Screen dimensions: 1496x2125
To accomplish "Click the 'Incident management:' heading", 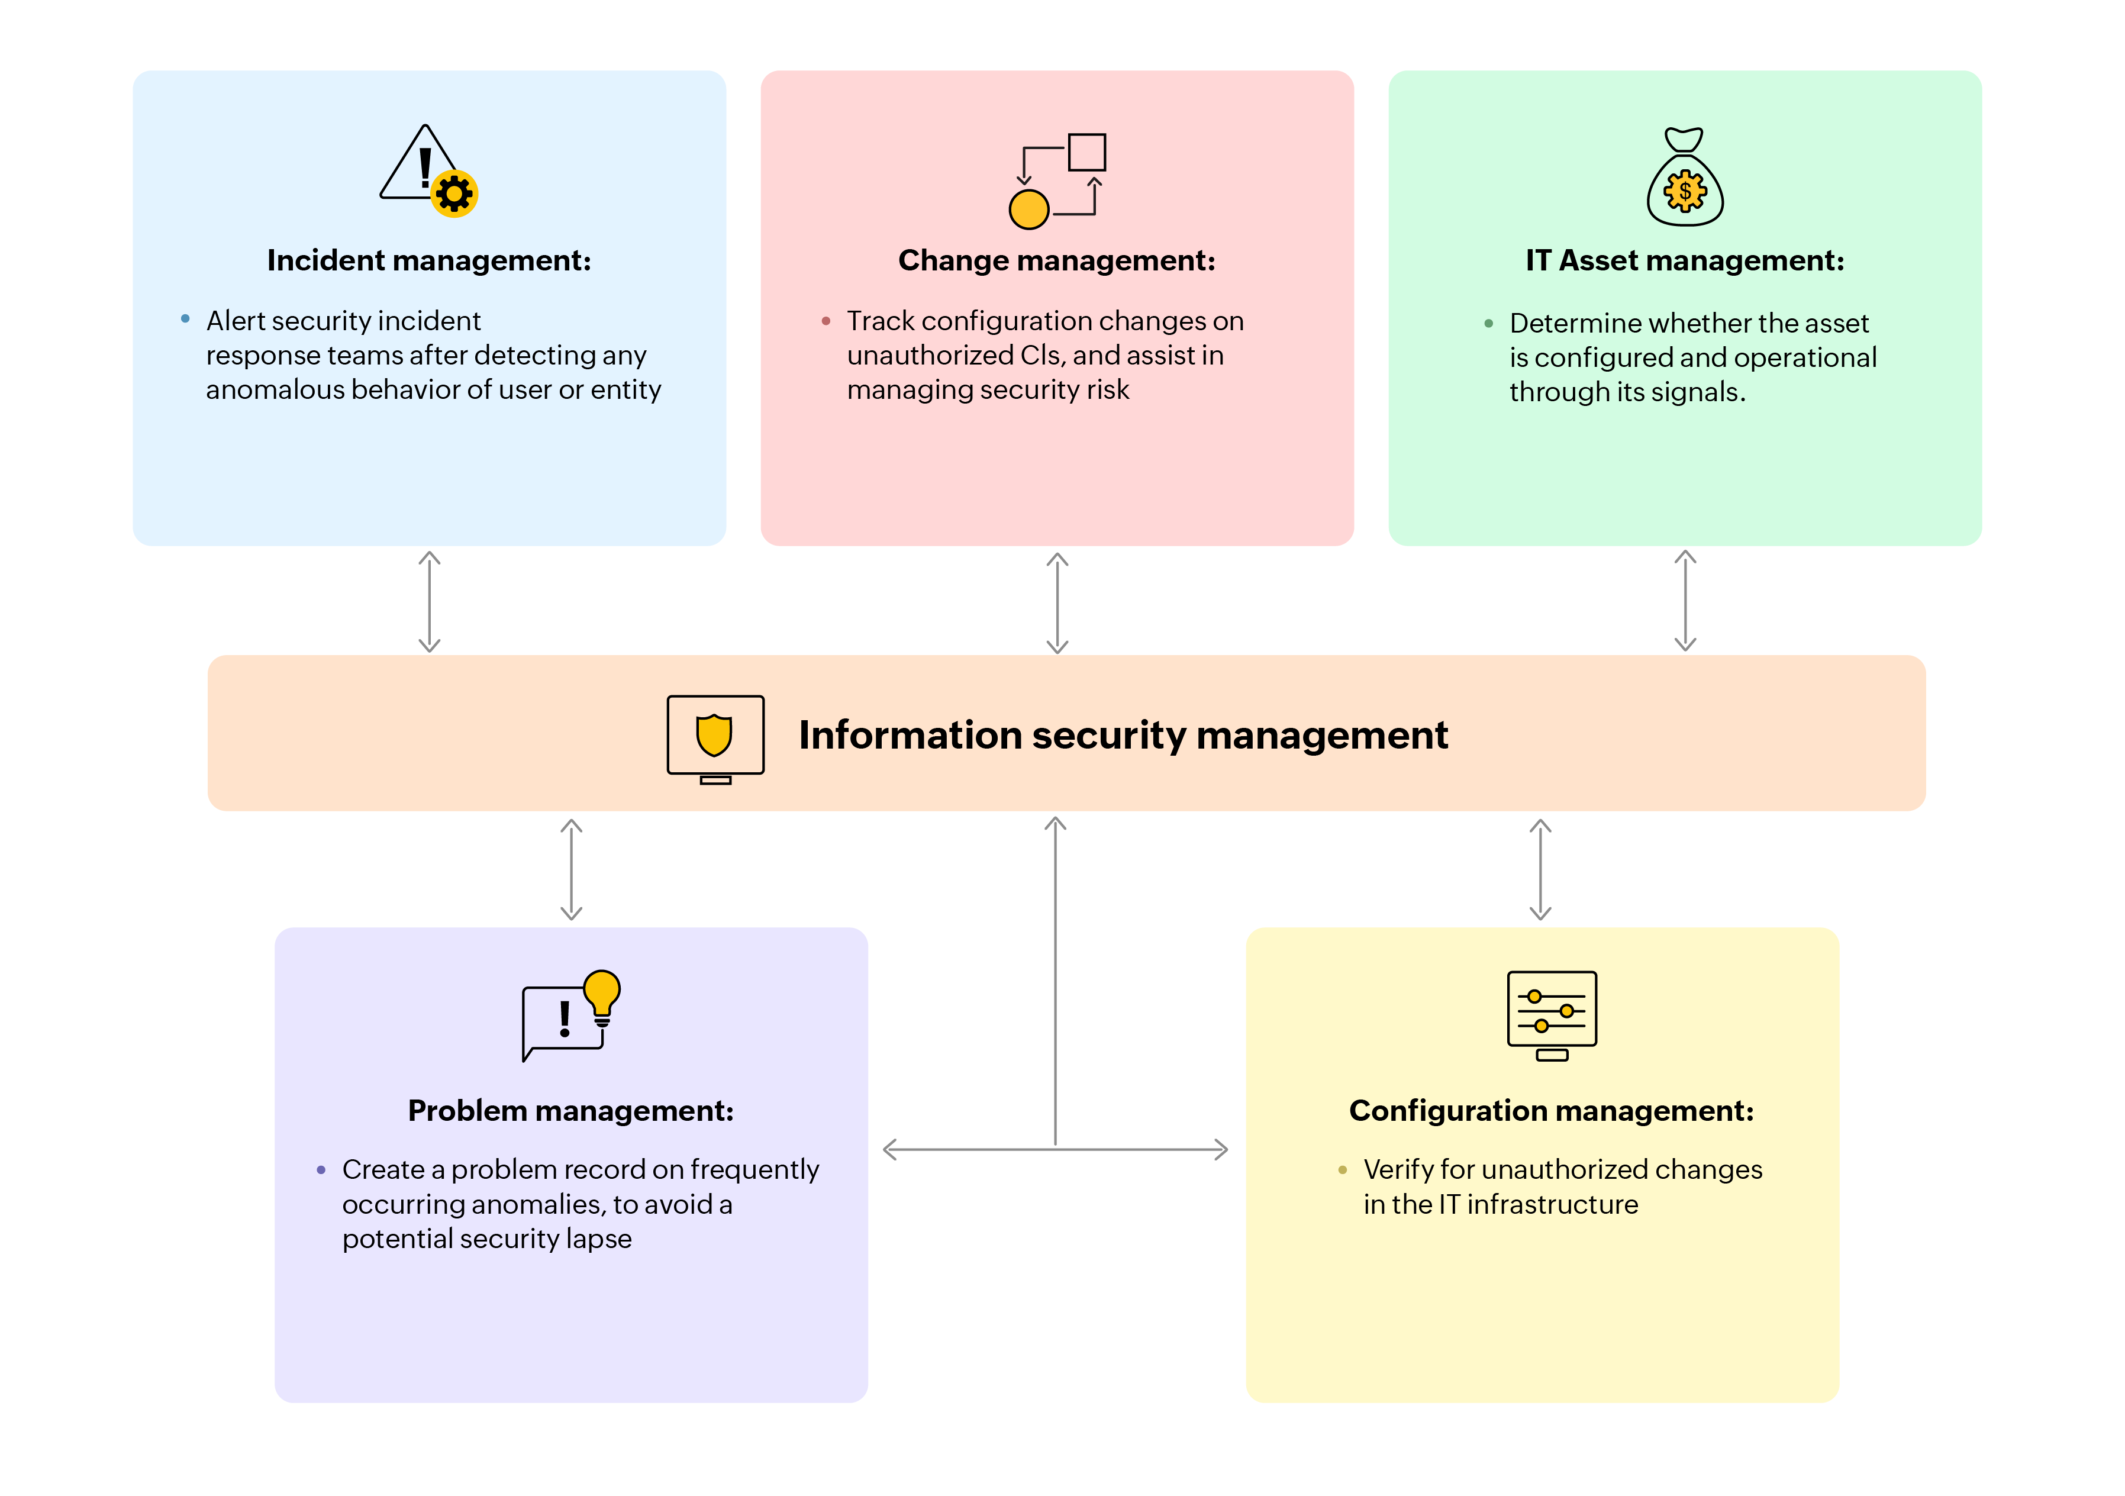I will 428,261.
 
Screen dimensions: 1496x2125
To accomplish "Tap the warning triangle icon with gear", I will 428,171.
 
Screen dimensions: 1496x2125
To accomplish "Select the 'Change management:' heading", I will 1056,261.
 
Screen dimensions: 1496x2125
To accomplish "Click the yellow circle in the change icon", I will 1028,209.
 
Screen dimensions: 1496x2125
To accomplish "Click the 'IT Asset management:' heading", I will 1685,261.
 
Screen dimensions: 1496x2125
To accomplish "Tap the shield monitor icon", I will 715,739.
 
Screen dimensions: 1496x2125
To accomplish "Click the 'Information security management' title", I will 1123,735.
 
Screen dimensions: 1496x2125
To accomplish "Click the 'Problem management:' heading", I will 570,1111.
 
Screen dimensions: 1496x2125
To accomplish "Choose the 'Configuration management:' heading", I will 1551,1111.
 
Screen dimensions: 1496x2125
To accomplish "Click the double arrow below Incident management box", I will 430,602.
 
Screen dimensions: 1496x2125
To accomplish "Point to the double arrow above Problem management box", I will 571,869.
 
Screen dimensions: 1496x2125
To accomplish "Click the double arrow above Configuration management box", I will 1540,869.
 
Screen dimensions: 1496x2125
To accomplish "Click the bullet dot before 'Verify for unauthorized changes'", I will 1342,1170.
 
